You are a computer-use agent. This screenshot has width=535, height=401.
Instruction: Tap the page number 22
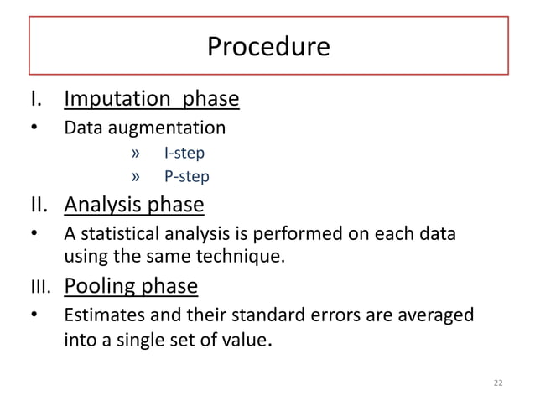(x=498, y=383)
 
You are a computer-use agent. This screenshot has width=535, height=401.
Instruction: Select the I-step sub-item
(x=184, y=154)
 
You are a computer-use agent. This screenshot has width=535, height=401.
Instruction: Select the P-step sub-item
(x=186, y=176)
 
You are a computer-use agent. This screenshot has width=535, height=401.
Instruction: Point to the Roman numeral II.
(x=42, y=205)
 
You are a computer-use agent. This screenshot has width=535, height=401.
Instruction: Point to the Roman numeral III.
(x=41, y=288)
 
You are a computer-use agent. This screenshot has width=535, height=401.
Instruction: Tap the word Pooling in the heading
(x=96, y=286)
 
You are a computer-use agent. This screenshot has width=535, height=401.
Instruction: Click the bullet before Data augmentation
(x=34, y=129)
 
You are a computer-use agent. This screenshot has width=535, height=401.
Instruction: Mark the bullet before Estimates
(x=34, y=316)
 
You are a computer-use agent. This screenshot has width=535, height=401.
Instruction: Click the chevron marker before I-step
(x=137, y=154)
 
